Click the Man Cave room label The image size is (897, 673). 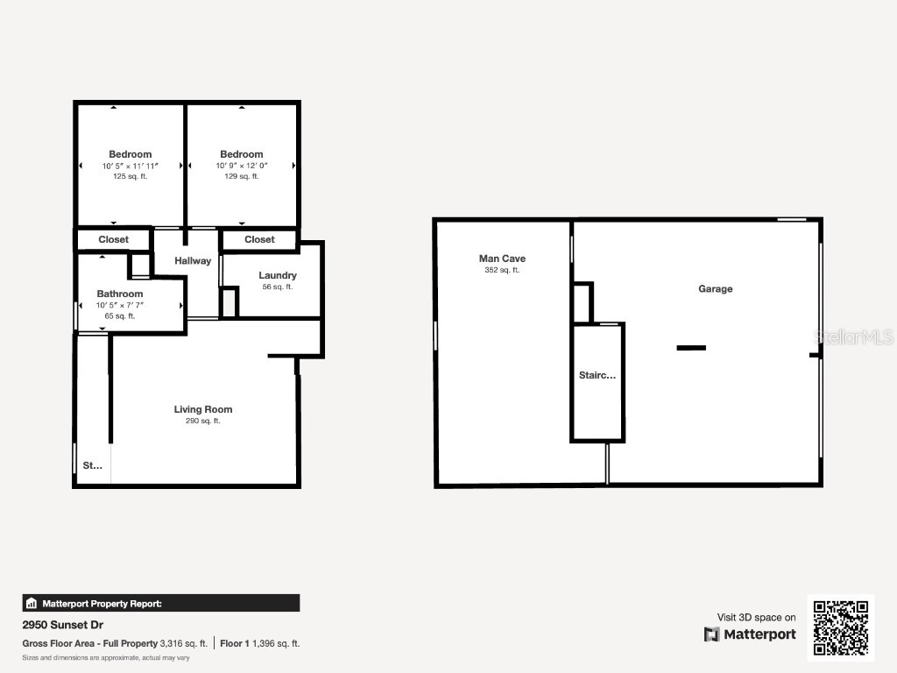[502, 259]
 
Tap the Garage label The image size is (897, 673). [715, 289]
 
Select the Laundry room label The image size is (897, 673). [277, 275]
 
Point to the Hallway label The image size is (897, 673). [193, 260]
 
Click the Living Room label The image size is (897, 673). [203, 409]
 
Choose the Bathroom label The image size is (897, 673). [120, 294]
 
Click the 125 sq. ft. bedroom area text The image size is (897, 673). [131, 176]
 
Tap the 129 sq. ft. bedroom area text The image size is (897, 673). [242, 176]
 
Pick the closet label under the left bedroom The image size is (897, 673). [114, 239]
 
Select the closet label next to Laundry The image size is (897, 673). [259, 239]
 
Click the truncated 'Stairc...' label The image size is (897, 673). [597, 375]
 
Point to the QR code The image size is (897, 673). [841, 627]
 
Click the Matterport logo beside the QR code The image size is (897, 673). [750, 634]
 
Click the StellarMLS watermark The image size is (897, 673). [853, 336]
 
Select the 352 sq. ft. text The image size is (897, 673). [502, 271]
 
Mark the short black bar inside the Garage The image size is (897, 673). [691, 348]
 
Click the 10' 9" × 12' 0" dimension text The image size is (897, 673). [242, 166]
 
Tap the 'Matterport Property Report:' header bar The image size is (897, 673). [161, 603]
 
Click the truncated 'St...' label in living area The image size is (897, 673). [93, 466]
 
